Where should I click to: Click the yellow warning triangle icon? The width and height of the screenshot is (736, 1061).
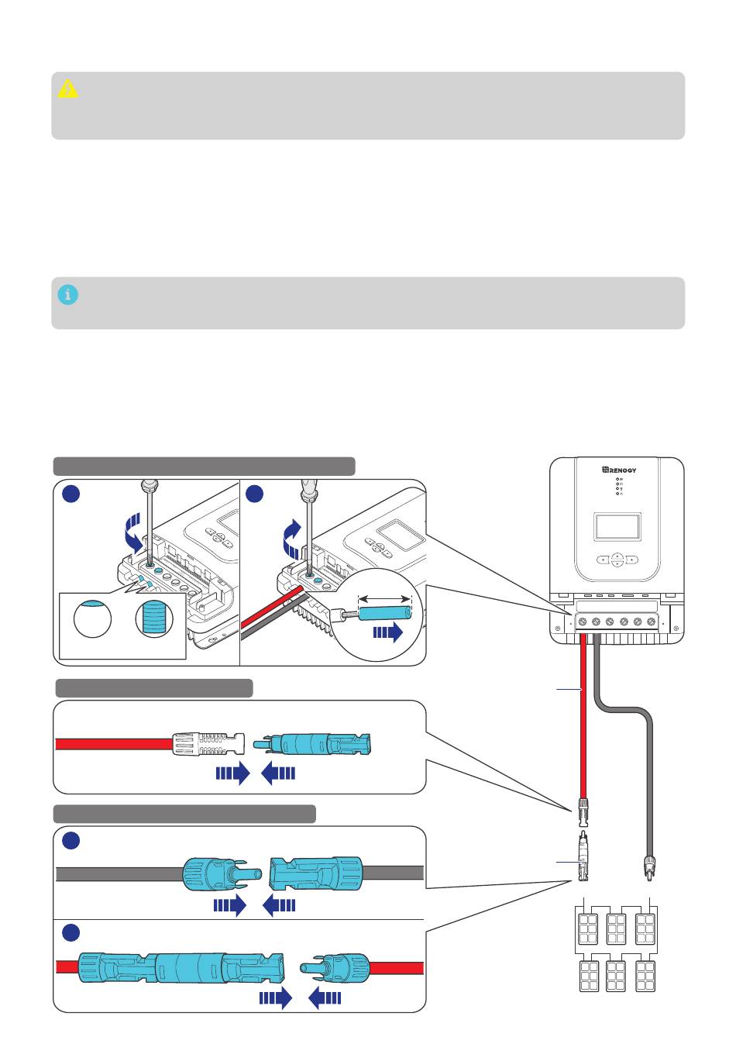(x=67, y=89)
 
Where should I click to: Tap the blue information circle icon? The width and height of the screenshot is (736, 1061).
(x=67, y=295)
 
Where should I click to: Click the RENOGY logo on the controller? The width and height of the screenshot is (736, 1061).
(x=618, y=470)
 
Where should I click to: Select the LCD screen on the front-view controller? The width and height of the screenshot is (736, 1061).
(x=617, y=525)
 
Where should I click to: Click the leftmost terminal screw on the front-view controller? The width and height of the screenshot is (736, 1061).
(x=583, y=622)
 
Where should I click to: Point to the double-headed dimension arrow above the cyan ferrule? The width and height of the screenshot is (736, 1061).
(x=384, y=599)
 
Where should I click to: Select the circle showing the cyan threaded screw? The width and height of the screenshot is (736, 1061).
(x=154, y=618)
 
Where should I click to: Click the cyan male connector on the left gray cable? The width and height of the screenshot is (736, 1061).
(x=222, y=873)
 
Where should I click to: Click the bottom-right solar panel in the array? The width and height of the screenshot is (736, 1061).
(x=645, y=976)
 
